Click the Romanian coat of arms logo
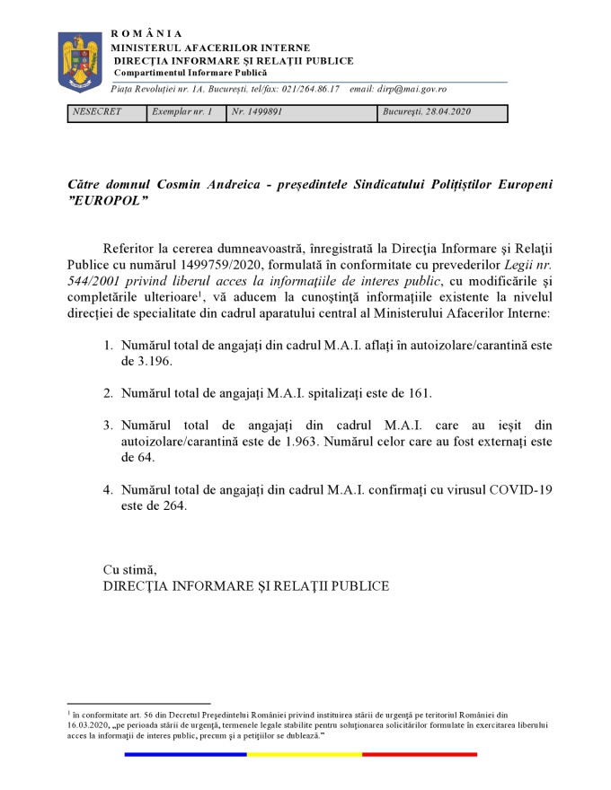(x=80, y=61)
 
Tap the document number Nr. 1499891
(x=257, y=113)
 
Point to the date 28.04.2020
(x=441, y=113)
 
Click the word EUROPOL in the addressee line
(x=105, y=199)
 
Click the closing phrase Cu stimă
(x=130, y=569)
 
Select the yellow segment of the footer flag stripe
(x=305, y=754)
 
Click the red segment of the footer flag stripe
(x=420, y=754)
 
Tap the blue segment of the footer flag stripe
(x=185, y=754)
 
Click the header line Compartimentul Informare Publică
(x=183, y=72)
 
